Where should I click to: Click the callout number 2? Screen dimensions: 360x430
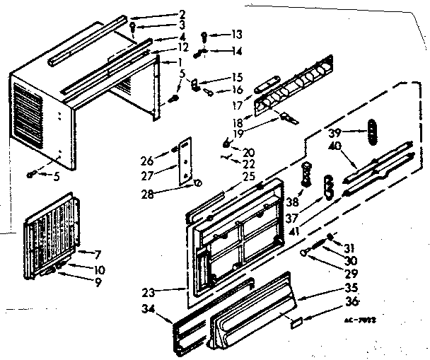click(162, 13)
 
